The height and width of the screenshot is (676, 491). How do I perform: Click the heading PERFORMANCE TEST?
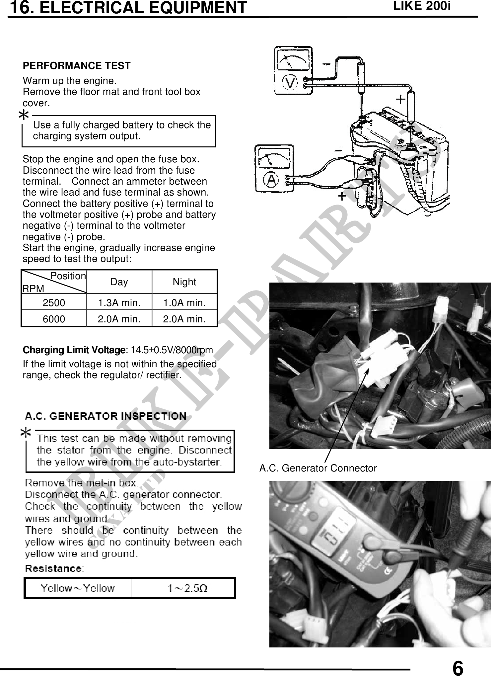tap(77, 66)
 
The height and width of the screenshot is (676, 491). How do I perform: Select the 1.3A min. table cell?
tap(119, 303)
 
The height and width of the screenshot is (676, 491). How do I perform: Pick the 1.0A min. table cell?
tap(184, 303)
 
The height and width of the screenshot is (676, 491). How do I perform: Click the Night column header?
tap(184, 282)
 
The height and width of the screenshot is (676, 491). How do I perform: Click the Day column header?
tap(119, 282)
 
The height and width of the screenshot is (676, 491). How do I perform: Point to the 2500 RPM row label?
tap(54, 303)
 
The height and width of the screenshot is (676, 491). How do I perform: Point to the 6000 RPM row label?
tap(54, 319)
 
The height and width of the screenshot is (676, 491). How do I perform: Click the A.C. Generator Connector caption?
tap(318, 468)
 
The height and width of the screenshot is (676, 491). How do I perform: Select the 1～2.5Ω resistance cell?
tap(187, 588)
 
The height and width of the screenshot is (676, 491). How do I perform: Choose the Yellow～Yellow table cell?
tap(78, 588)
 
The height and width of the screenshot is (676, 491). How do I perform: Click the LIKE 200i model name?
tap(422, 6)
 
